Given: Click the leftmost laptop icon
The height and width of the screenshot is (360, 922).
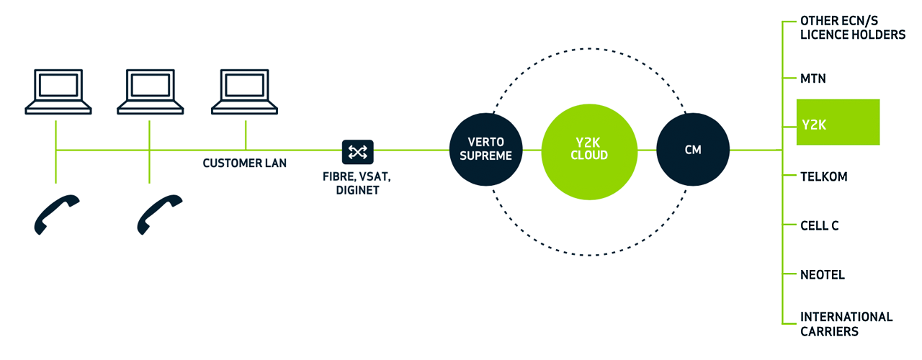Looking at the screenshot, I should click(58, 91).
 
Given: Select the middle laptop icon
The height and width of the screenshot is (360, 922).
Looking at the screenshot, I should click(151, 91).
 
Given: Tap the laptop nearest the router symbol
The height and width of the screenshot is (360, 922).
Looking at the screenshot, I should click(245, 91).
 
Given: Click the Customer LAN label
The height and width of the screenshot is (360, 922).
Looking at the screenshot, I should click(244, 163).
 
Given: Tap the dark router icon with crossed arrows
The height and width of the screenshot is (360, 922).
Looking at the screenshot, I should click(357, 150).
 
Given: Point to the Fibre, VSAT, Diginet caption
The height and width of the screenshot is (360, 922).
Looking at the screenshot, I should click(357, 184).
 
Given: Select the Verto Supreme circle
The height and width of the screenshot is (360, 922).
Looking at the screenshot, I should click(485, 150).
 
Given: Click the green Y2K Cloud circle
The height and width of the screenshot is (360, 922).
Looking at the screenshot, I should click(588, 150).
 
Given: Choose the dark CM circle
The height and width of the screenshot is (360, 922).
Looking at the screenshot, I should click(692, 150).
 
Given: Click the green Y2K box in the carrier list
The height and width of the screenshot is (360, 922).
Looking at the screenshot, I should click(838, 122).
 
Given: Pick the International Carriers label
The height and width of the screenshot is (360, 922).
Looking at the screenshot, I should click(846, 324).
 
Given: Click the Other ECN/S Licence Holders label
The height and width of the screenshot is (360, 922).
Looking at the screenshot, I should click(852, 28).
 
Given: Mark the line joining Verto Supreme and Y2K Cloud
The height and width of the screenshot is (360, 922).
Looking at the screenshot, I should click(531, 150).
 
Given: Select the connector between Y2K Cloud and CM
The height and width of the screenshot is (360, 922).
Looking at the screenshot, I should click(646, 150).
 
